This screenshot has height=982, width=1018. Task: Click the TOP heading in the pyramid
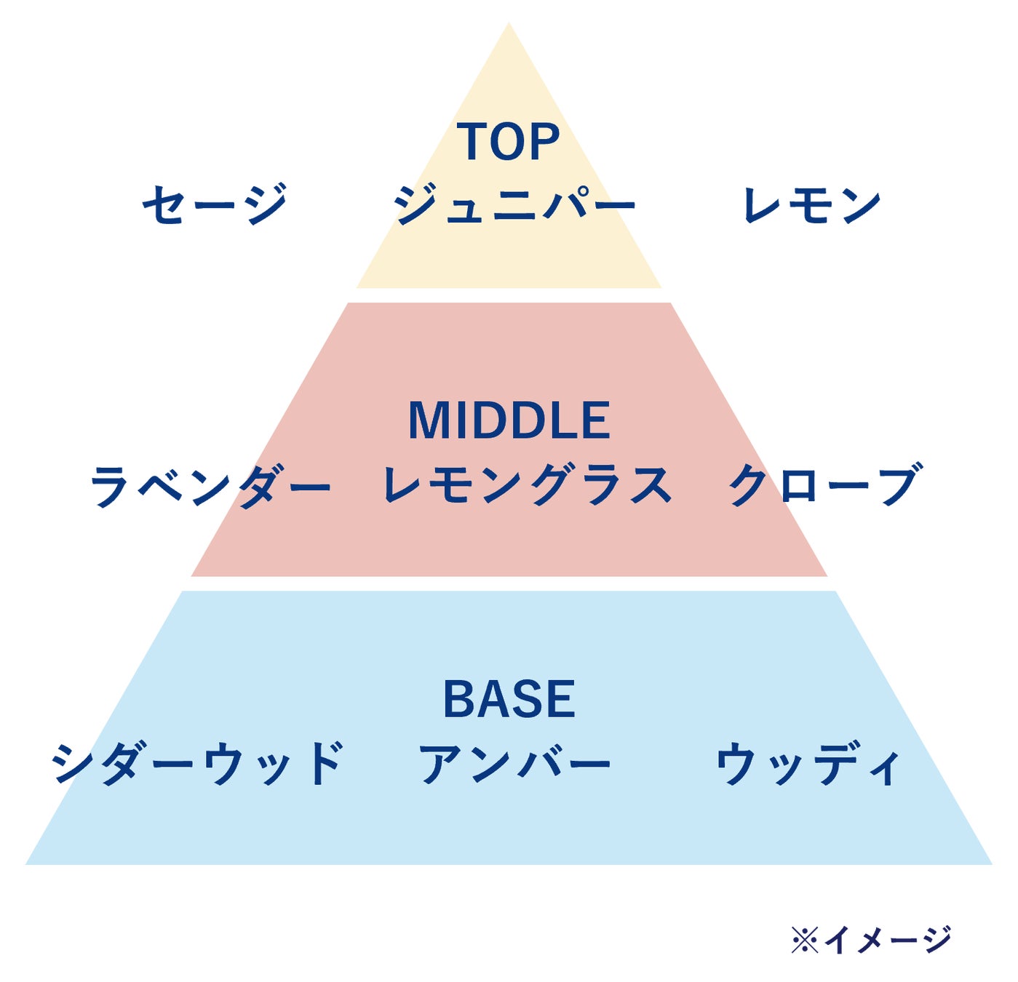tap(509, 141)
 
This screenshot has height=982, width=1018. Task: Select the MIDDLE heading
tap(509, 420)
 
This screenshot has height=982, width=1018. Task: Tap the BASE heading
tap(509, 699)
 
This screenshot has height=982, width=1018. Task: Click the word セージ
tap(215, 204)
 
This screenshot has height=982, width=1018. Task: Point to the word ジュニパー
tap(514, 204)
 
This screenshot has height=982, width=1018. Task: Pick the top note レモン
tap(811, 204)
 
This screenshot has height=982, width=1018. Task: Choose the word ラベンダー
tap(210, 486)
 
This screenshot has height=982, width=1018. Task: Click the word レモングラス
tap(528, 485)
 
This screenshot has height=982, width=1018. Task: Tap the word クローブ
tap(825, 485)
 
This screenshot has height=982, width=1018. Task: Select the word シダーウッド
tap(197, 764)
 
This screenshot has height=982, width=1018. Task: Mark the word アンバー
tap(514, 764)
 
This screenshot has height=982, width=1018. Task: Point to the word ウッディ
tap(808, 765)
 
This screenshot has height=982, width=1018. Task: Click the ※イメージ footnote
tap(870, 939)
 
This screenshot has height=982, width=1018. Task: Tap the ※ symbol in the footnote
tap(804, 940)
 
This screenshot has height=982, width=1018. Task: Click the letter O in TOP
tap(509, 142)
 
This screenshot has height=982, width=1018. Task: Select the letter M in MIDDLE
tap(428, 420)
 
